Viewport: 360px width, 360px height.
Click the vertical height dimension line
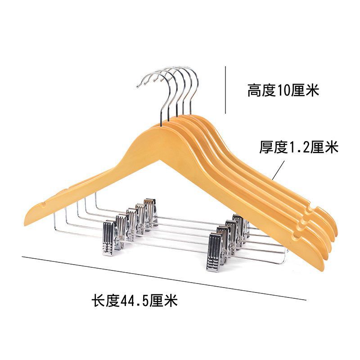click(x=225, y=90)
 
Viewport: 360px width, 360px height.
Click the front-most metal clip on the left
click(x=110, y=238)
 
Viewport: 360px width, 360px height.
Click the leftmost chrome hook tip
click(x=139, y=85)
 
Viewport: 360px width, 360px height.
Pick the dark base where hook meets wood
click(x=162, y=120)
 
